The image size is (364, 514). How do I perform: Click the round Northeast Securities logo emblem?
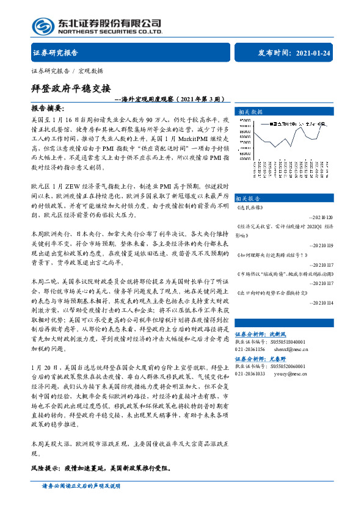click(43, 25)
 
